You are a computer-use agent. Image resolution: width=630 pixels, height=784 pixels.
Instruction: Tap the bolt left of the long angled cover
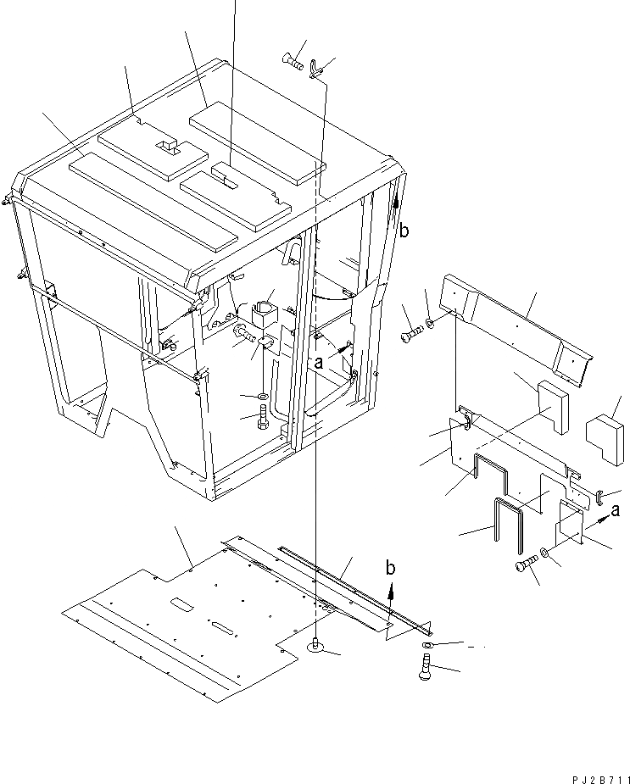[411, 336]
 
